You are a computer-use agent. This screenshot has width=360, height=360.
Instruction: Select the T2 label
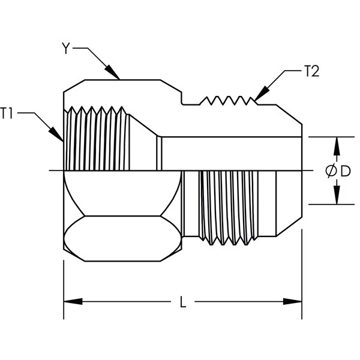click(x=311, y=73)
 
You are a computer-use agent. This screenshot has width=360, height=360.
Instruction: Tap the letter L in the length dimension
click(x=183, y=302)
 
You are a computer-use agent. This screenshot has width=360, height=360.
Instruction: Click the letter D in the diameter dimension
click(x=344, y=171)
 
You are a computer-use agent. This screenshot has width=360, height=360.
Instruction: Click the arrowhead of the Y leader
click(x=117, y=76)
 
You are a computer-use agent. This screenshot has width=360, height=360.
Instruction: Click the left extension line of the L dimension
click(x=64, y=288)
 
